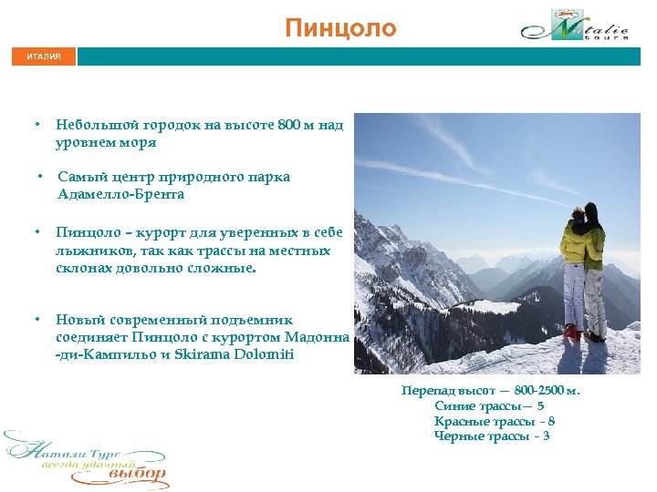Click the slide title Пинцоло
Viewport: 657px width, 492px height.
pos(340,28)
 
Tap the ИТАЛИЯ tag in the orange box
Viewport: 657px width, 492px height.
pos(44,56)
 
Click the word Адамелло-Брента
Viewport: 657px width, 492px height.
pos(120,194)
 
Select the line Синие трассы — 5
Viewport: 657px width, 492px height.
pos(489,406)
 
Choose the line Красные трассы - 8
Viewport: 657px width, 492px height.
pos(495,421)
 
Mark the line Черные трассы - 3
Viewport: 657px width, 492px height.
pos(492,436)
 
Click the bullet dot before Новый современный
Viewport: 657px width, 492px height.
pos(37,320)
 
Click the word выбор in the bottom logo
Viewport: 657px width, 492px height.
pos(137,475)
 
